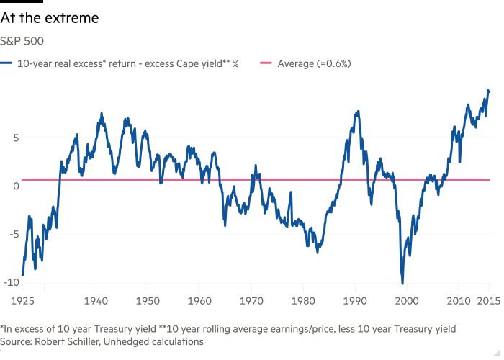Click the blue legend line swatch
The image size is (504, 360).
click(x=9, y=63)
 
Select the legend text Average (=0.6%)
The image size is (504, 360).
click(x=314, y=63)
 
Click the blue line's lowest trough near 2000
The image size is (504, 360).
click(x=402, y=281)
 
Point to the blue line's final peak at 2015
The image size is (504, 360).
click(x=488, y=89)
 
